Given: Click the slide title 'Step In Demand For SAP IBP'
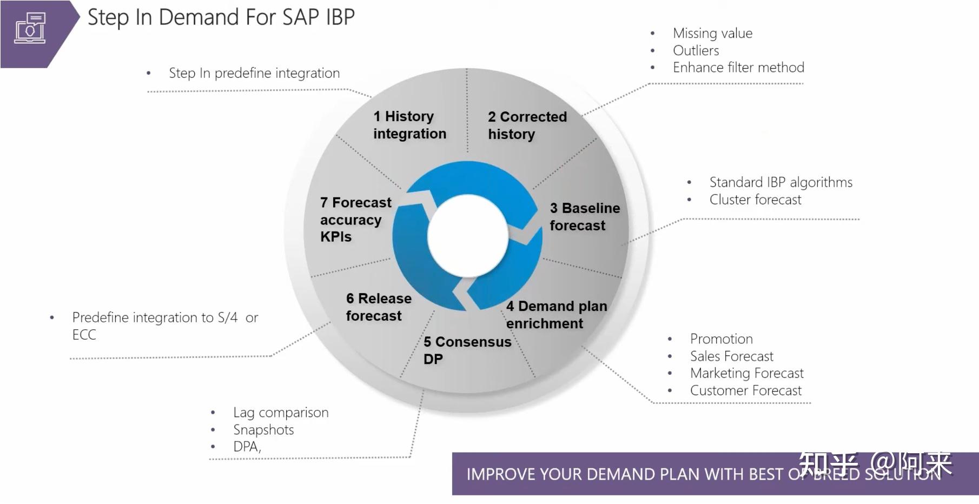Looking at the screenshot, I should coord(221,17).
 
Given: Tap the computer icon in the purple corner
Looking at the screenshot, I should coord(30,29).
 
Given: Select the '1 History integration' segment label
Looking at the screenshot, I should coord(409,125).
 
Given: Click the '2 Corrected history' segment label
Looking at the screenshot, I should coord(527,125).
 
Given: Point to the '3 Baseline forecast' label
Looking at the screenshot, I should coord(584,216).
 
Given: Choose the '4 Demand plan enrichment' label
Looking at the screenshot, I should coord(556,314).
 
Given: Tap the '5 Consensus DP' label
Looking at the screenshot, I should coord(467,350).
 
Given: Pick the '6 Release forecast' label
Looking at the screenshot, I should coord(378,307).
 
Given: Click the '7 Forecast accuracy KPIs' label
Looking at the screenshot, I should coord(355,219).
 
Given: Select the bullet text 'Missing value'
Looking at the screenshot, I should coord(712,34).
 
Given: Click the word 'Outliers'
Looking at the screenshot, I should coord(696,51).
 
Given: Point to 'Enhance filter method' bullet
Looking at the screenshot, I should coord(738,68).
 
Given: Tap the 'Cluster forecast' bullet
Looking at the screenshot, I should coord(755,200).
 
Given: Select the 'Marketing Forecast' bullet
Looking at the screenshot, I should coord(746,373).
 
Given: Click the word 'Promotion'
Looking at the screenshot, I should coord(721,339).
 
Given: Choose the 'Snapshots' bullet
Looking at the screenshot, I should coord(263,430).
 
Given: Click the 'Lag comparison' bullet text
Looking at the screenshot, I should coord(281,413).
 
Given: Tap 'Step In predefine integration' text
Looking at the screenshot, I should coord(254,73).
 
